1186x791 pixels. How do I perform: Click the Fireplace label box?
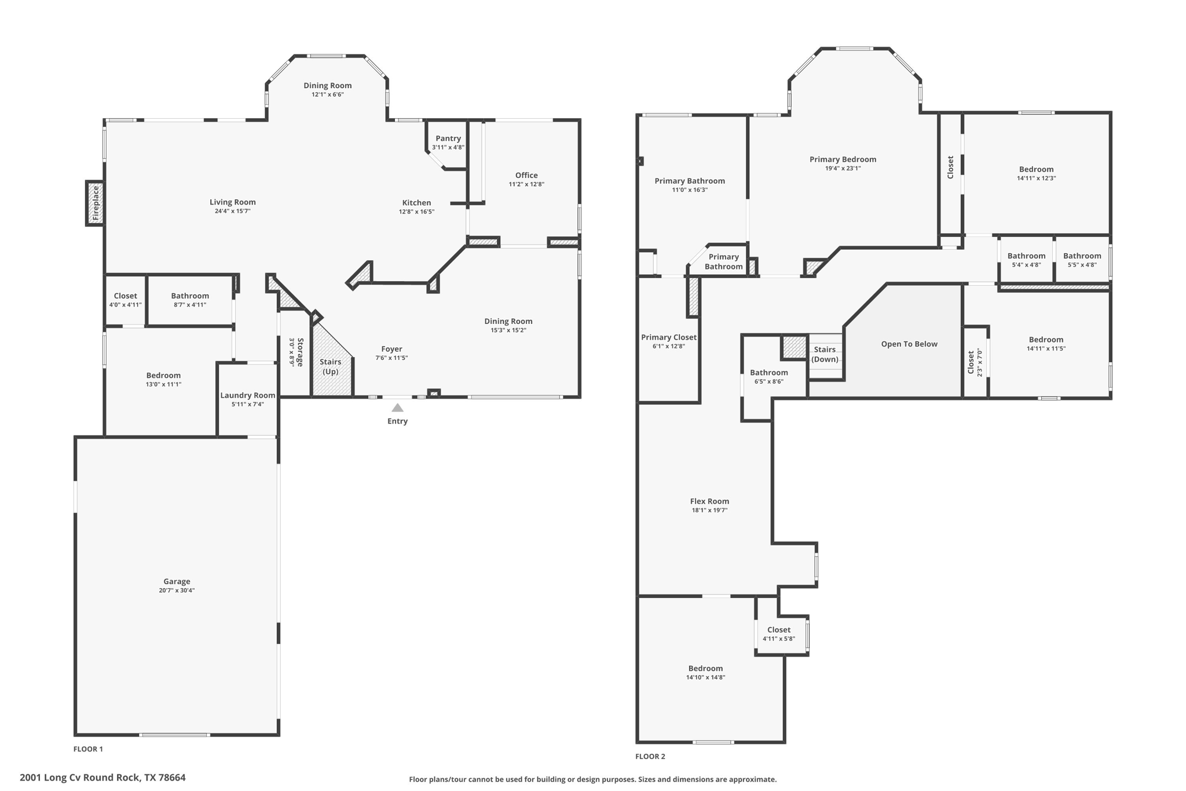[96, 203]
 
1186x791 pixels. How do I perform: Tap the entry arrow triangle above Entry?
[397, 408]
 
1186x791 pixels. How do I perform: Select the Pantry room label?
[448, 138]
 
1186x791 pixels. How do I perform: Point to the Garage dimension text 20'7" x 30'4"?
[177, 590]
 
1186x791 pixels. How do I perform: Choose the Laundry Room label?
[248, 395]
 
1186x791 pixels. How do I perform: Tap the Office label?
[526, 175]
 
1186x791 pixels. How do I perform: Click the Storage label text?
[300, 352]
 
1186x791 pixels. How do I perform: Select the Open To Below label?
[909, 344]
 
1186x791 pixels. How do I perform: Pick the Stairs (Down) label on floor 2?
[825, 354]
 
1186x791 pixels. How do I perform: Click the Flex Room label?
[709, 501]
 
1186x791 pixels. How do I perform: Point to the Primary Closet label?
[669, 337]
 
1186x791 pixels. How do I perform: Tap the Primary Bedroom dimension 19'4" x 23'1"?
[843, 169]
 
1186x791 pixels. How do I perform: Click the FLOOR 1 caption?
[88, 749]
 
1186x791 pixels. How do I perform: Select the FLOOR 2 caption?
[650, 756]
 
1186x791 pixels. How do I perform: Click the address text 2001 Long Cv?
[52, 778]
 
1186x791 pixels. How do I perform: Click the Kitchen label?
[416, 203]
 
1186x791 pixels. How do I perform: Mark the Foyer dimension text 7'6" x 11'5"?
[391, 358]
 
